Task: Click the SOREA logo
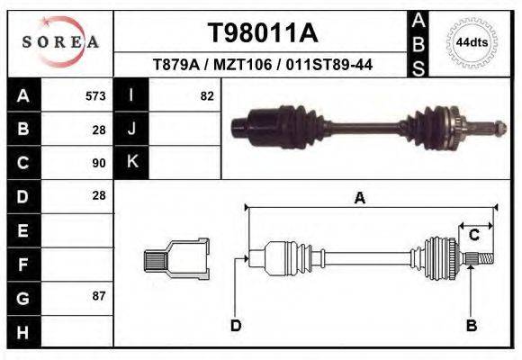[x=60, y=42]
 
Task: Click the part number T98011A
[x=262, y=33]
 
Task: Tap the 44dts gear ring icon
[x=472, y=42]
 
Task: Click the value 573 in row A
[x=95, y=96]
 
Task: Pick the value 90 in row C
[x=99, y=163]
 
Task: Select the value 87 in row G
[x=99, y=296]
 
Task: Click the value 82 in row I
[x=207, y=96]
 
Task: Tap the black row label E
[x=22, y=230]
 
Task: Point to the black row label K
[x=131, y=162]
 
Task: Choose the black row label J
[x=131, y=130]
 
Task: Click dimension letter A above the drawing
[x=359, y=198]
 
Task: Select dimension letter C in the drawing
[x=473, y=235]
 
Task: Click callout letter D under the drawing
[x=235, y=325]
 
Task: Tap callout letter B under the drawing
[x=470, y=325]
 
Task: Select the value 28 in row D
[x=99, y=195]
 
